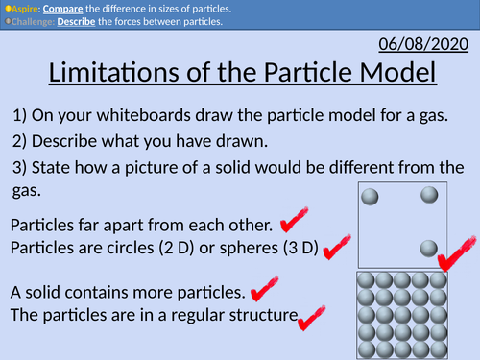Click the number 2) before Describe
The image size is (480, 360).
pyautogui.click(x=21, y=141)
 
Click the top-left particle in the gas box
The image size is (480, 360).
pyautogui.click(x=369, y=197)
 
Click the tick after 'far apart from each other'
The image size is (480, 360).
pyautogui.click(x=293, y=223)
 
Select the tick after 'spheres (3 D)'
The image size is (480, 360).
pyautogui.click(x=335, y=250)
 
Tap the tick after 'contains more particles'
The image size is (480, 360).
pyautogui.click(x=259, y=289)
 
